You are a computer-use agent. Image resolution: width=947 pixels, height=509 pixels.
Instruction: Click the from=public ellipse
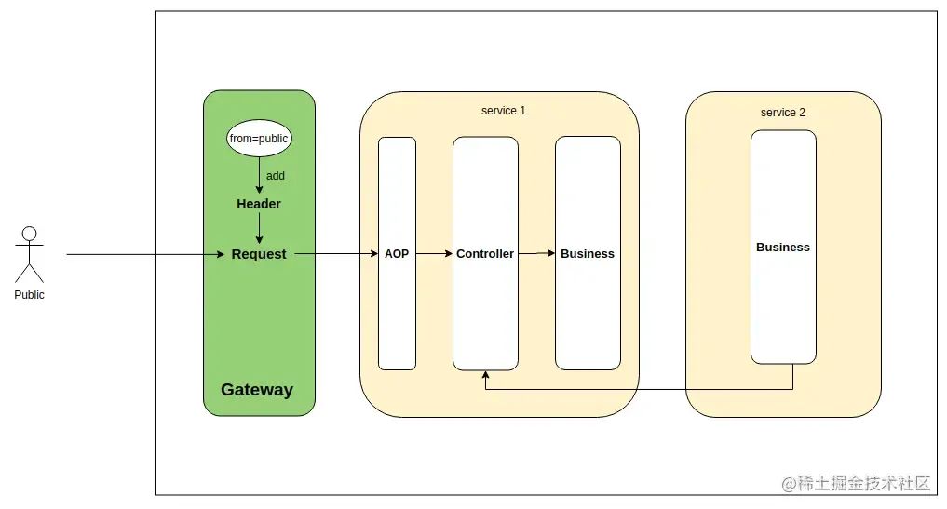(x=259, y=139)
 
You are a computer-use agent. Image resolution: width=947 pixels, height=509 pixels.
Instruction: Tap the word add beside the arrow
(x=276, y=176)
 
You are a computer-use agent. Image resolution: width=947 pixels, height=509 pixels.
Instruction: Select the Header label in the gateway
(x=259, y=204)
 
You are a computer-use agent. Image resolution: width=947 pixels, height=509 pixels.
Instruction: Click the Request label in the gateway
(x=259, y=254)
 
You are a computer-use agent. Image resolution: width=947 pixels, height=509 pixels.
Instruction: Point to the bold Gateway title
(x=257, y=390)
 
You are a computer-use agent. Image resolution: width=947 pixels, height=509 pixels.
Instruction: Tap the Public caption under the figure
(x=29, y=295)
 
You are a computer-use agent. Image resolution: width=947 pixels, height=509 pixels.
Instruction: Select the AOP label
(x=397, y=254)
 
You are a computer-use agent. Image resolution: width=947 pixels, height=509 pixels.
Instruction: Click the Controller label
(x=485, y=254)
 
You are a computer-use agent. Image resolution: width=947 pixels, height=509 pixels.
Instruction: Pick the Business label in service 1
(x=588, y=254)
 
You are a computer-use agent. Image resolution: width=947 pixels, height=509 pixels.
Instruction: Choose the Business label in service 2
(x=783, y=248)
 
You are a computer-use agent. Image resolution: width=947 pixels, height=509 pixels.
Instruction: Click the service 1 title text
(x=504, y=111)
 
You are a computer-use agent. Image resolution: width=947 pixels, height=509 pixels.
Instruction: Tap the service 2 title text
(x=783, y=113)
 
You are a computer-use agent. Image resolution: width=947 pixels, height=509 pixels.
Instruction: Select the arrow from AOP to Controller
(x=434, y=254)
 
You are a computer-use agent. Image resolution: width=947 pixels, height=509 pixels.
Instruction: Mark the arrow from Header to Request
(x=259, y=227)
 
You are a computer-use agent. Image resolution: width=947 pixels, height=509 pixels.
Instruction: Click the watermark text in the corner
(x=856, y=483)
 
